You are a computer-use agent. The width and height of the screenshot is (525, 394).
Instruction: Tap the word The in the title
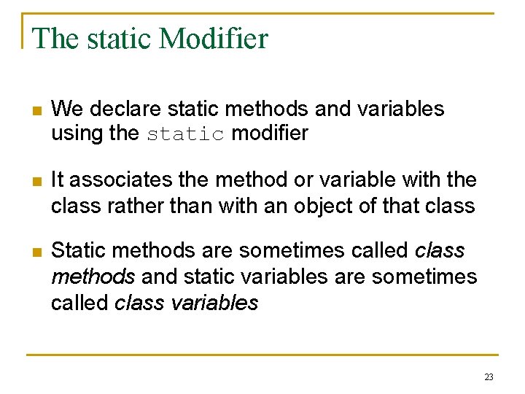point(56,38)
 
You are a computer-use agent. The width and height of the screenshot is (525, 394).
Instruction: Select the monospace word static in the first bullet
point(185,134)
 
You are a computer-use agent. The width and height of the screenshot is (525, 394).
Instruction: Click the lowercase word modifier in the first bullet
point(270,134)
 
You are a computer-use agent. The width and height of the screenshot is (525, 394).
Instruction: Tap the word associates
point(120,180)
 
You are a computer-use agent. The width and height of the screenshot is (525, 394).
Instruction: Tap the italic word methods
point(93,277)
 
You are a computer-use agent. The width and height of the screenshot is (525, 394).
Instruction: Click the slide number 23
point(489,377)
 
